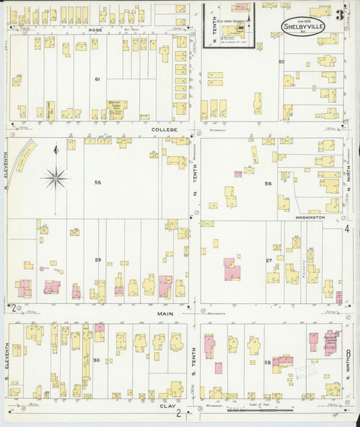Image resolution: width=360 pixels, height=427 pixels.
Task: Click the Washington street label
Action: click(x=309, y=218)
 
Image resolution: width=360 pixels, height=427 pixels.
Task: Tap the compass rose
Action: click(x=55, y=178)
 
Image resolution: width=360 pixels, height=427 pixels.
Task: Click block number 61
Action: click(x=97, y=79)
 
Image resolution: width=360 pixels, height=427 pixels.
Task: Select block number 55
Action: click(x=97, y=183)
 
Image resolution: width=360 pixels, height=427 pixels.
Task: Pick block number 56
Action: click(x=267, y=184)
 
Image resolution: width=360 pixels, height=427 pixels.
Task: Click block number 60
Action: click(x=282, y=62)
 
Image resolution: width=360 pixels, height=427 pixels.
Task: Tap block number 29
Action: click(x=97, y=260)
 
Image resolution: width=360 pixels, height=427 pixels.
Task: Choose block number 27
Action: click(x=268, y=260)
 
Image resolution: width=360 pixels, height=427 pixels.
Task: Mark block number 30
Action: click(x=97, y=360)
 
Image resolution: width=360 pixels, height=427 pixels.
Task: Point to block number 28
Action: click(x=267, y=363)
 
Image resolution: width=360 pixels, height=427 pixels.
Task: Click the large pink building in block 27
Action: click(x=232, y=268)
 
